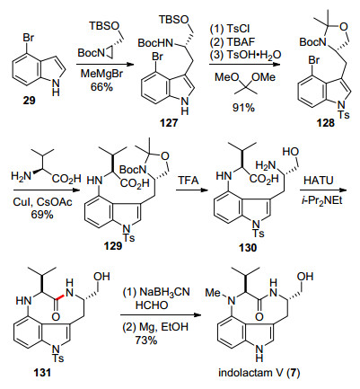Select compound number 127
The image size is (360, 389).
(169, 123)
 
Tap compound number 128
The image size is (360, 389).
(326, 123)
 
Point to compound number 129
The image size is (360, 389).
(113, 246)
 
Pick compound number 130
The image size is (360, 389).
(248, 248)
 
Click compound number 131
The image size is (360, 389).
(42, 372)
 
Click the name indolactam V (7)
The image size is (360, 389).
(259, 373)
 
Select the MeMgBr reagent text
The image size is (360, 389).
(101, 74)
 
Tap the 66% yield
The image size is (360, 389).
(101, 87)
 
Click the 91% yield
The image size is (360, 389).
(243, 108)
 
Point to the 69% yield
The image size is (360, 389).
(42, 215)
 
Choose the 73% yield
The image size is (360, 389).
(146, 340)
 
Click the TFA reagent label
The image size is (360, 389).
(189, 181)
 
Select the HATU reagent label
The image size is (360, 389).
(319, 181)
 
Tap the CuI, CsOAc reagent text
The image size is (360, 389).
(42, 202)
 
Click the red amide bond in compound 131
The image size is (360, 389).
(59, 296)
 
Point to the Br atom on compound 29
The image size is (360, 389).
(29, 38)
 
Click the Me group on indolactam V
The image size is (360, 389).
(213, 293)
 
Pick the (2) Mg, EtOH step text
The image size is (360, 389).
(155, 327)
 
